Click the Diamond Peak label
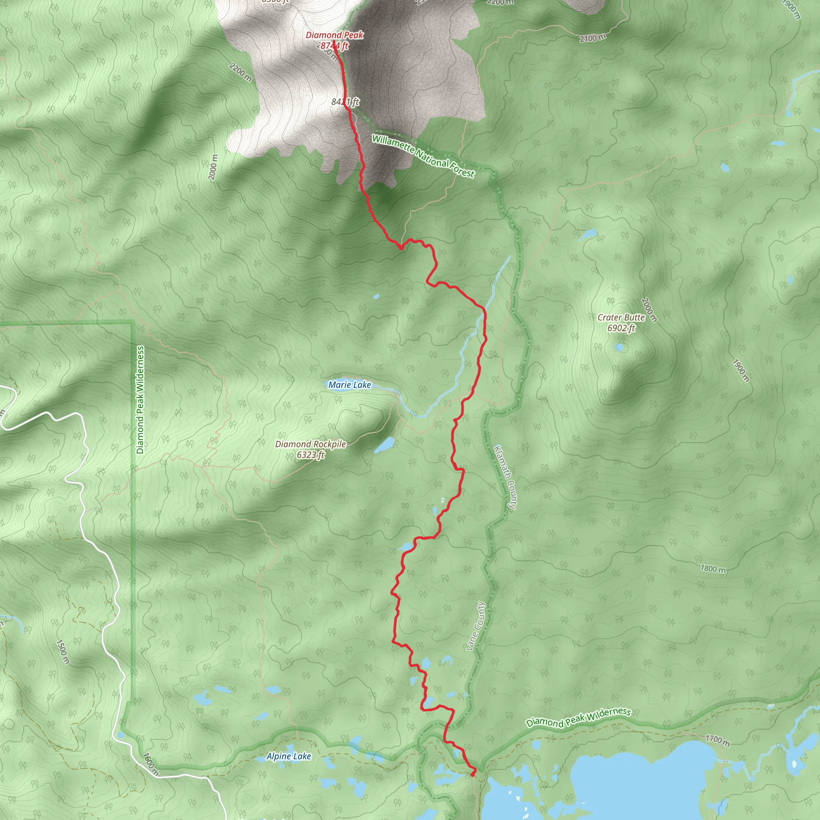click(x=334, y=35)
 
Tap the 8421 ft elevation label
click(x=345, y=102)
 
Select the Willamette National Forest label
click(x=423, y=156)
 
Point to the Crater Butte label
click(x=621, y=318)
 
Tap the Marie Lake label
click(x=350, y=385)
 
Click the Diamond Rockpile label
click(x=311, y=444)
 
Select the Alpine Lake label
click(x=289, y=756)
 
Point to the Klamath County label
click(x=505, y=477)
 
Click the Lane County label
click(x=475, y=626)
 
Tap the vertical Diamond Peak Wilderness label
click(x=141, y=400)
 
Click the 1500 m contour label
click(x=62, y=651)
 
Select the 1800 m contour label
click(x=713, y=568)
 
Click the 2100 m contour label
click(x=593, y=38)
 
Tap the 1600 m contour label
click(x=151, y=764)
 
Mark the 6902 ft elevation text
click(x=621, y=328)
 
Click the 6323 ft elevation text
click(x=311, y=455)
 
